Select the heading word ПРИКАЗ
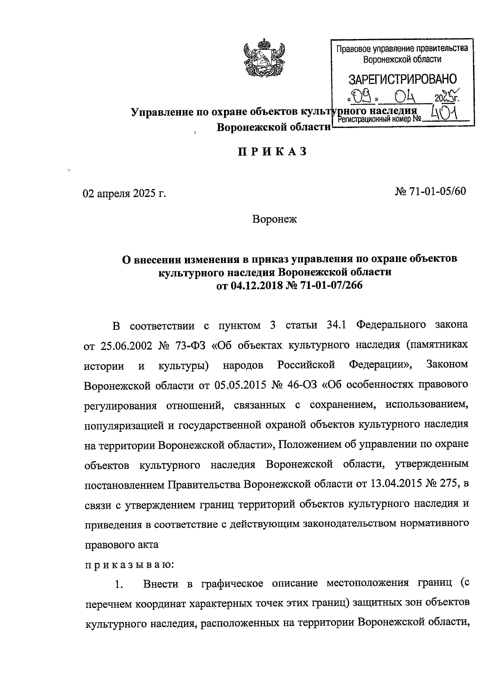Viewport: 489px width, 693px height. (272, 151)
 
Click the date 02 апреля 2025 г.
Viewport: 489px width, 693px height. (125, 193)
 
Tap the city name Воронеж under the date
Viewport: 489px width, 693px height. (275, 219)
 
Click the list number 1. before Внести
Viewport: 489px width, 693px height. (119, 585)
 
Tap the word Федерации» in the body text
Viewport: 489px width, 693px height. (381, 365)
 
